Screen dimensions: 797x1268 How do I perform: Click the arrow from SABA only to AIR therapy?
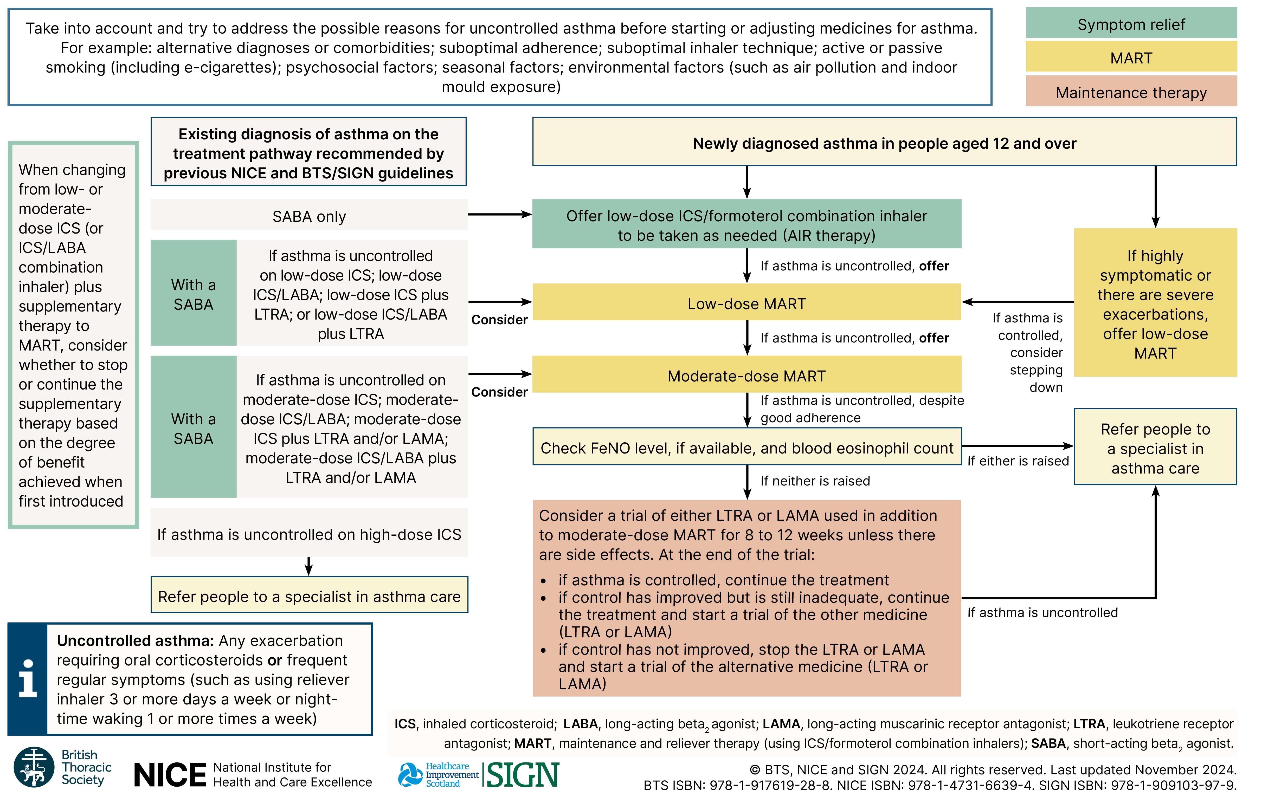[x=499, y=214]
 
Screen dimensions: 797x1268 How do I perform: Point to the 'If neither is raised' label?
[x=815, y=481]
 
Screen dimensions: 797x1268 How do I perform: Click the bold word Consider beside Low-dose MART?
[x=499, y=320]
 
